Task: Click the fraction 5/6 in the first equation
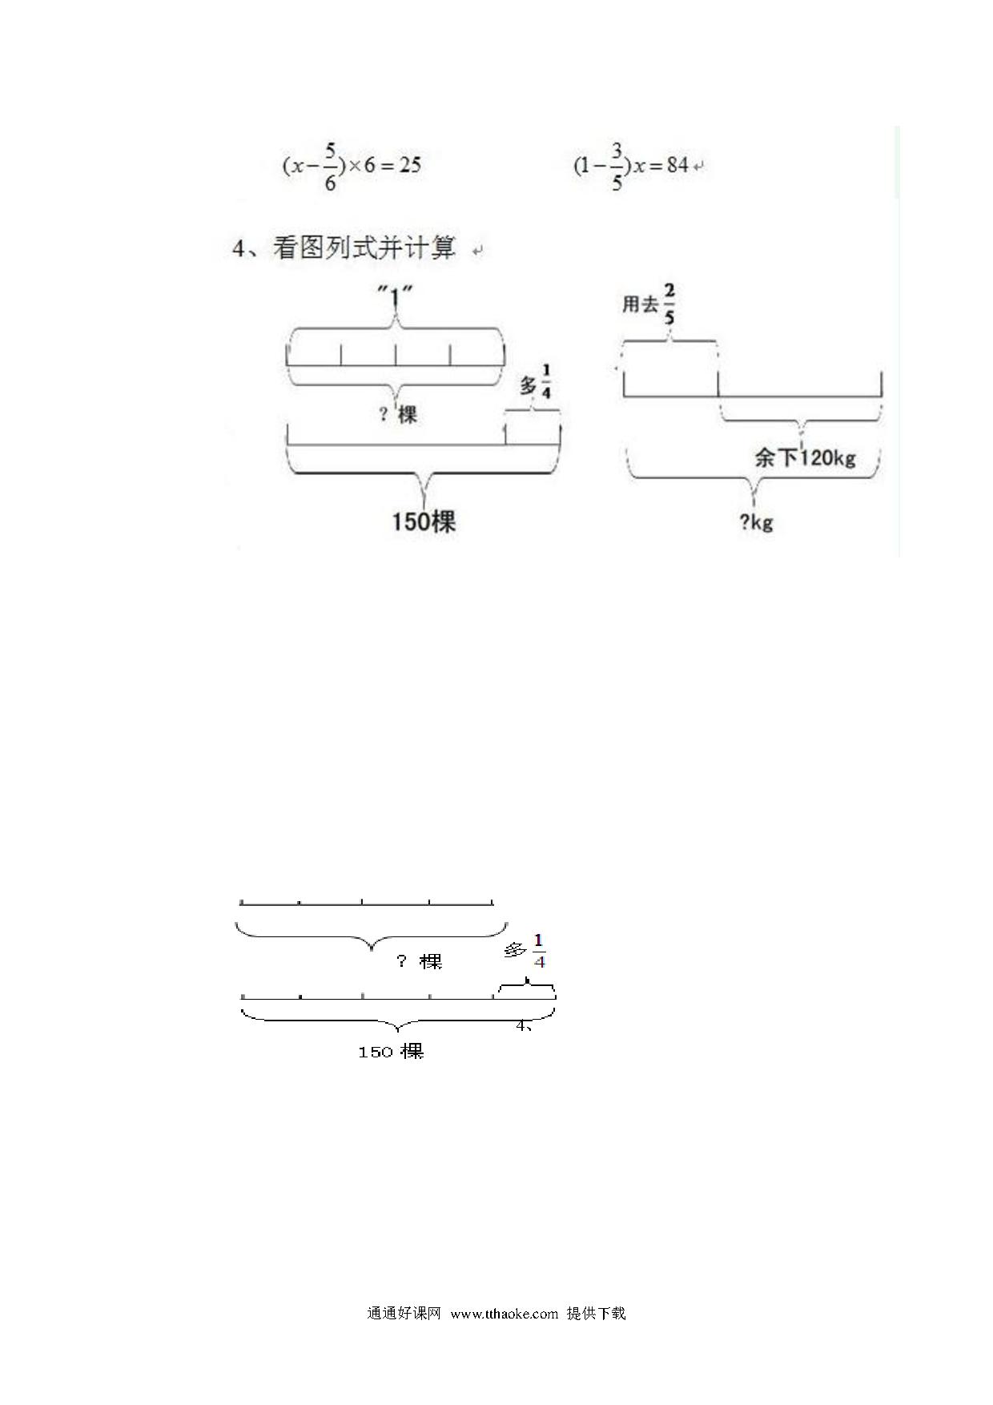(330, 167)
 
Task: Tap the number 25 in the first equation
(410, 166)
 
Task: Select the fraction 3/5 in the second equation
(617, 167)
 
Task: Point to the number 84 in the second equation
(677, 166)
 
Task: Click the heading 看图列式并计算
(364, 248)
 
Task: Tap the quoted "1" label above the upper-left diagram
(395, 297)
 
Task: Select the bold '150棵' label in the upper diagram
(424, 522)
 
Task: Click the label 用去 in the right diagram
(640, 304)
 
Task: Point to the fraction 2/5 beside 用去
(669, 304)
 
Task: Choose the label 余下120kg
(805, 458)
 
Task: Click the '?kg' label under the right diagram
(756, 522)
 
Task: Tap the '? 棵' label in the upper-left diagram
(398, 414)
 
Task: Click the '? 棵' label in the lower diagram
(420, 961)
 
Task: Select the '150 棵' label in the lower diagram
(391, 1052)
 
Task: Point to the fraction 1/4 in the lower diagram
(539, 950)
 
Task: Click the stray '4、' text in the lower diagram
(524, 1025)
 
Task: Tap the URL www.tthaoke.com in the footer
(505, 1314)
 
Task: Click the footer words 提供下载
(596, 1314)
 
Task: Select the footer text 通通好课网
(404, 1314)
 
